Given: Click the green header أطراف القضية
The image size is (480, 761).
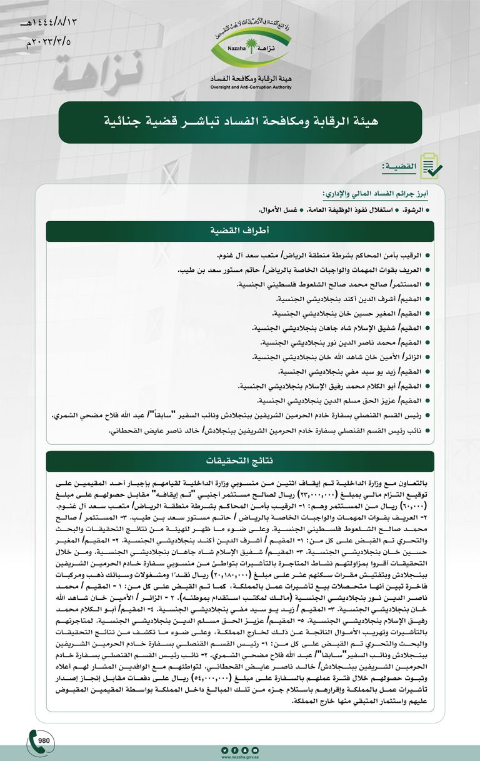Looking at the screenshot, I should (x=239, y=231).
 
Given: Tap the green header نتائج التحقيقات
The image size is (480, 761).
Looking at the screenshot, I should (x=239, y=461).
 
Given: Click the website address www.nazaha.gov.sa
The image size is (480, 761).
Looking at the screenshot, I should (x=239, y=757).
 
